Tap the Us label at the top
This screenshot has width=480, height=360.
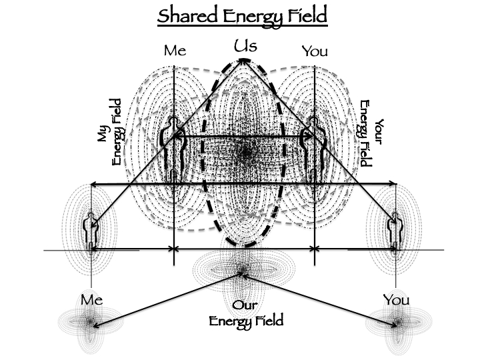245,46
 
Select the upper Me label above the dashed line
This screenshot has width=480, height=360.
174,51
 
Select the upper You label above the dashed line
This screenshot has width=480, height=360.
315,51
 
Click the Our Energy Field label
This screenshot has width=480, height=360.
246,314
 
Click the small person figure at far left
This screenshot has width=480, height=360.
91,230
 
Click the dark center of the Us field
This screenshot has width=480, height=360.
246,153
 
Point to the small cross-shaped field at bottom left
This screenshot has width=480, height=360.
89,323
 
